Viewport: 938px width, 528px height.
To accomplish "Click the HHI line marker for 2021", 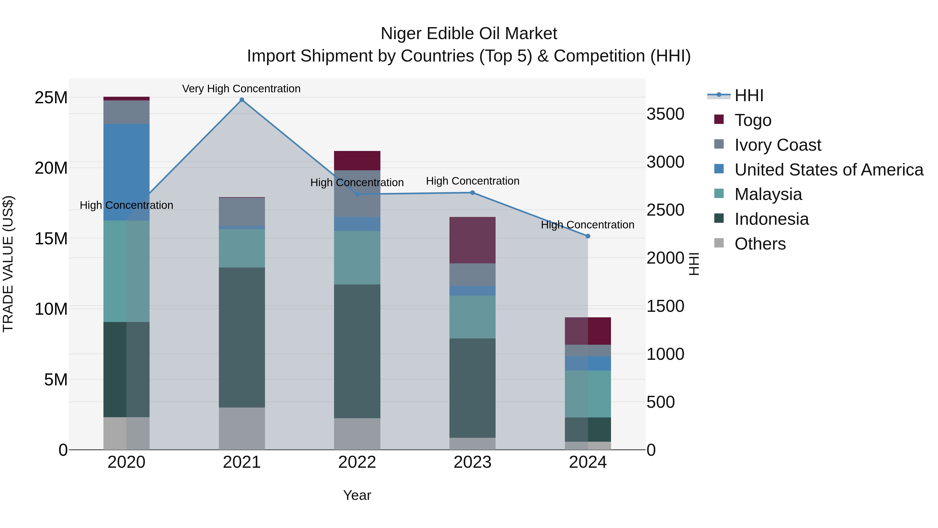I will pyautogui.click(x=242, y=100).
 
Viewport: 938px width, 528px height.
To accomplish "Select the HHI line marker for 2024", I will pyautogui.click(x=588, y=236).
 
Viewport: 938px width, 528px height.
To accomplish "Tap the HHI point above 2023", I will pyautogui.click(x=473, y=193).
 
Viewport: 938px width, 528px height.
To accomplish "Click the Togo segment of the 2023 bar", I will pyautogui.click(x=472, y=240).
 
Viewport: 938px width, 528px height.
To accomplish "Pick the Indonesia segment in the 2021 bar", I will pyautogui.click(x=242, y=337).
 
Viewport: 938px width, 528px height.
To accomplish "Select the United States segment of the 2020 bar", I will pyautogui.click(x=126, y=172).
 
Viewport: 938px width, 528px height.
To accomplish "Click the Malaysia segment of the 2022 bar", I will pyautogui.click(x=357, y=258).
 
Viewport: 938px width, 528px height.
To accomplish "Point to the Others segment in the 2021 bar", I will pyautogui.click(x=242, y=428).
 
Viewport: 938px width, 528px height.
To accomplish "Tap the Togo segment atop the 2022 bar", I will pyautogui.click(x=357, y=161).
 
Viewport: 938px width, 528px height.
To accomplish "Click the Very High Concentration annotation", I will pyautogui.click(x=242, y=89).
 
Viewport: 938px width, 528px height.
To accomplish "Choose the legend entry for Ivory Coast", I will pyautogui.click(x=778, y=145).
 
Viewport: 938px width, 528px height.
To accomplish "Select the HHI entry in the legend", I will pyautogui.click(x=749, y=95).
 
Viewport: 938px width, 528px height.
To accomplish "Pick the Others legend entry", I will pyautogui.click(x=760, y=244).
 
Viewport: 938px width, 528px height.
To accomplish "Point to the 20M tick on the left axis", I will pyautogui.click(x=51, y=168).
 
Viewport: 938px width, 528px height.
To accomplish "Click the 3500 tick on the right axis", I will pyautogui.click(x=665, y=114).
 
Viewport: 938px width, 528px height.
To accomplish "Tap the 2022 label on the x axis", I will pyautogui.click(x=357, y=462).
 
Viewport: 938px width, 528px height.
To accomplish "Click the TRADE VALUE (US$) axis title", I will pyautogui.click(x=8, y=264).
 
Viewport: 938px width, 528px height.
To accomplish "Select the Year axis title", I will pyautogui.click(x=357, y=495).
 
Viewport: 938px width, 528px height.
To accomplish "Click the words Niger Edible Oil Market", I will pyautogui.click(x=469, y=34).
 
